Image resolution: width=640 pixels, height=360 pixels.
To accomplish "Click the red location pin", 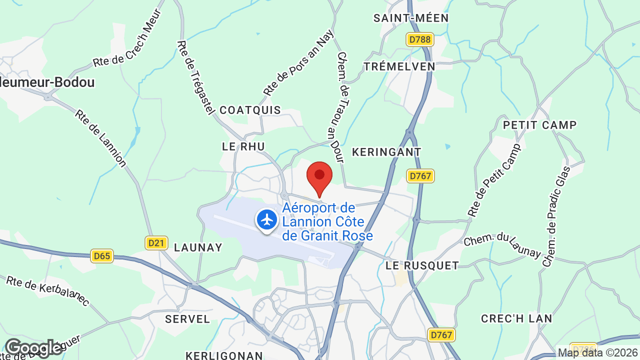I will [319, 176].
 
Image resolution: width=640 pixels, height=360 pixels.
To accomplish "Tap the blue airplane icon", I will [267, 219].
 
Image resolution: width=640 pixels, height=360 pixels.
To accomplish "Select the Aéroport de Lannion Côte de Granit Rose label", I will [327, 221].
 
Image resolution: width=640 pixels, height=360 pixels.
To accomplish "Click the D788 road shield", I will [419, 39].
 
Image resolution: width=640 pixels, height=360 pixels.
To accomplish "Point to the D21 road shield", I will [156, 243].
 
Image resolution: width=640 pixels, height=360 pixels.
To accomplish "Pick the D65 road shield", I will [102, 256].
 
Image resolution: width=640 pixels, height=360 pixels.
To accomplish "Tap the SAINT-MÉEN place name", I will [411, 18].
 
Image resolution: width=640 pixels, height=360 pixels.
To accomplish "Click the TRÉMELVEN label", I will [399, 66].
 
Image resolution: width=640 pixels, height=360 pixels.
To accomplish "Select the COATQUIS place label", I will [250, 110].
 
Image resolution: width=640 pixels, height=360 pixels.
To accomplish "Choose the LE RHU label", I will [243, 146].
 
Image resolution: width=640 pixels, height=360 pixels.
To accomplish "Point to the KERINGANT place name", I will [386, 152].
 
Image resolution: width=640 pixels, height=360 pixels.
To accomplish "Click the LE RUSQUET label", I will [422, 265].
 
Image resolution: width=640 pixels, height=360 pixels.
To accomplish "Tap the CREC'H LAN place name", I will [516, 318].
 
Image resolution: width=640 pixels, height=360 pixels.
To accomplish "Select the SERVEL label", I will [187, 319].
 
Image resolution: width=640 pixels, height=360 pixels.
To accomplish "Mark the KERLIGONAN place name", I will [224, 355].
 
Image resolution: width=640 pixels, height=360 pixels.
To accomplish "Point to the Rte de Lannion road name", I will [100, 138].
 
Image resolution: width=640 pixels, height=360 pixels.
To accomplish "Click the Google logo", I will [33, 348].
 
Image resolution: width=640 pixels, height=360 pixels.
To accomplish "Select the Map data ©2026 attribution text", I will [598, 352].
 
